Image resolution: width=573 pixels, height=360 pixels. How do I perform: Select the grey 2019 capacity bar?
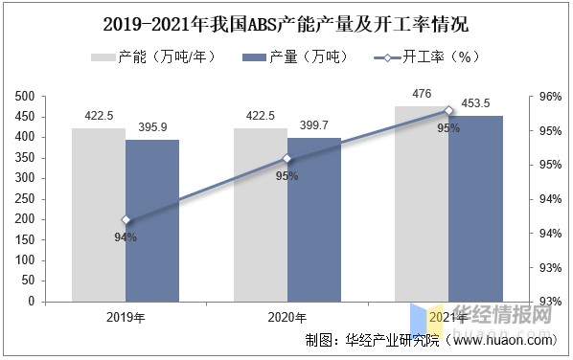pos(99,214)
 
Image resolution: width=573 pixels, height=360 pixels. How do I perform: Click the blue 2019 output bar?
pos(152,220)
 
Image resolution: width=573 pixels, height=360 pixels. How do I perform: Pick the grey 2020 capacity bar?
pos(261,214)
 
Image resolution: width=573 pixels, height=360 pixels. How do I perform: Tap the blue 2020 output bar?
pos(314,219)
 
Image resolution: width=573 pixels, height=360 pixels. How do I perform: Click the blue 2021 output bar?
pos(475,209)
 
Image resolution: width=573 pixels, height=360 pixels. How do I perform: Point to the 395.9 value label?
pos(152,128)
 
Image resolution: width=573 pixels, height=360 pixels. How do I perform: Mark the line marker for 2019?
pos(126,220)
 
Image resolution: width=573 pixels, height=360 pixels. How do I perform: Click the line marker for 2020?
pos(287,159)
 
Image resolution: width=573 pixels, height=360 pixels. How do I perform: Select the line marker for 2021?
pos(448,111)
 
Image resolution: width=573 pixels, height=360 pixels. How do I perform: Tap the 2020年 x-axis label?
pos(287,318)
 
